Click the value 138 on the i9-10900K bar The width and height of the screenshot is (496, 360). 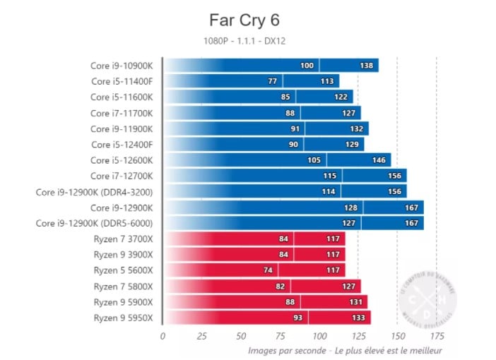(367, 66)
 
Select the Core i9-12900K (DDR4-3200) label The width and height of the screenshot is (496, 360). (95, 191)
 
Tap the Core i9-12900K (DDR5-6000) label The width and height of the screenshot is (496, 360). (95, 223)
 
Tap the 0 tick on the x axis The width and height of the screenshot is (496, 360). (163, 335)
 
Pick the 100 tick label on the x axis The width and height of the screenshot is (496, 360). (319, 335)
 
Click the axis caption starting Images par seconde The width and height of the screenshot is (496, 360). (346, 350)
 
